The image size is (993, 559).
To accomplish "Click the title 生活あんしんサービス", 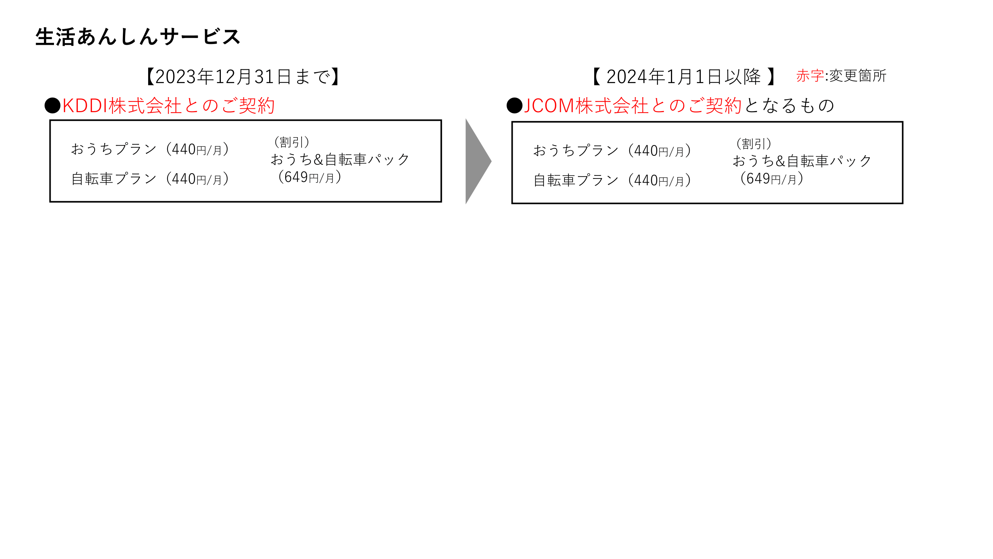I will pos(138,37).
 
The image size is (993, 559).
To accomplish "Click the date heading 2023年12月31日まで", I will pos(243,76).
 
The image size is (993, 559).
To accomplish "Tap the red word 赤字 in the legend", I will pos(809,76).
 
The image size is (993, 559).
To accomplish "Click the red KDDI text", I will pos(85,106).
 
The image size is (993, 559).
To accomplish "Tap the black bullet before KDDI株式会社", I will pos(52,106).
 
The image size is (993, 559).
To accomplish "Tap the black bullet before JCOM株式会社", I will pos(514,106).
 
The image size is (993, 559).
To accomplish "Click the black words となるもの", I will pos(789,106).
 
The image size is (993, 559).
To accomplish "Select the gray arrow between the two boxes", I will pos(477,161).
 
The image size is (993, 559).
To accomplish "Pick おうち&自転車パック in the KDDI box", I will pos(340,160).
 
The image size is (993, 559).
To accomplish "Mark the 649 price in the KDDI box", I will pos(296,177).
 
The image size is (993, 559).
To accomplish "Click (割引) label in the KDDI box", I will pos(292,142).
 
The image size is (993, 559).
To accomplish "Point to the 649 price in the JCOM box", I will pos(758,179).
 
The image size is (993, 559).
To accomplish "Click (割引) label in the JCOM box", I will pos(754,144).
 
